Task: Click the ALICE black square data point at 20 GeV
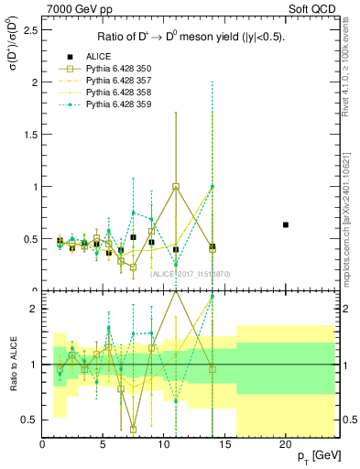(286, 224)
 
